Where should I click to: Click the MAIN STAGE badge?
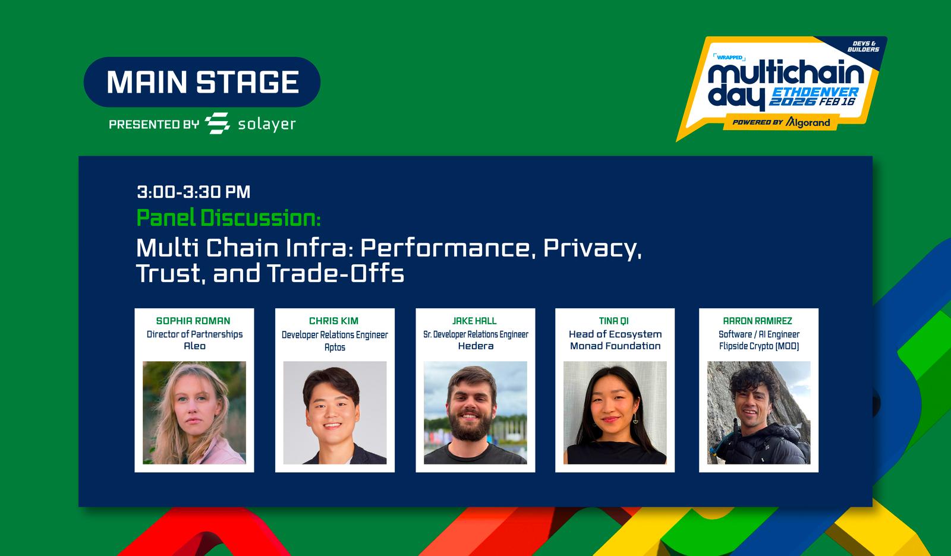[x=202, y=82]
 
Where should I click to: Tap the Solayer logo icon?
[x=218, y=124]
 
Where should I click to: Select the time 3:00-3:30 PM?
[x=194, y=192]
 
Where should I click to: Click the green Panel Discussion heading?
[x=228, y=218]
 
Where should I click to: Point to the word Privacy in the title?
[x=592, y=248]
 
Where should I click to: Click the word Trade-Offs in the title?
[x=336, y=273]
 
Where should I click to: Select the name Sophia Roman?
[x=193, y=321]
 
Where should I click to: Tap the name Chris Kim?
[x=333, y=321]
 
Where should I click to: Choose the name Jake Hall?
[x=474, y=321]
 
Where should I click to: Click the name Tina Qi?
[x=614, y=321]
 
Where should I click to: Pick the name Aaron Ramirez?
[x=757, y=321]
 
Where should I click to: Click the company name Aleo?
[x=194, y=346]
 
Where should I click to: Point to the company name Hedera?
[x=475, y=346]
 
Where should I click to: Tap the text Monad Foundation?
[x=615, y=346]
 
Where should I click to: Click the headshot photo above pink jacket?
[x=194, y=412]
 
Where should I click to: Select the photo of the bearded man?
[x=475, y=412]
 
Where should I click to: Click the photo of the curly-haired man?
[x=758, y=412]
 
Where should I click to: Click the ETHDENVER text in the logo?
[x=815, y=92]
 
